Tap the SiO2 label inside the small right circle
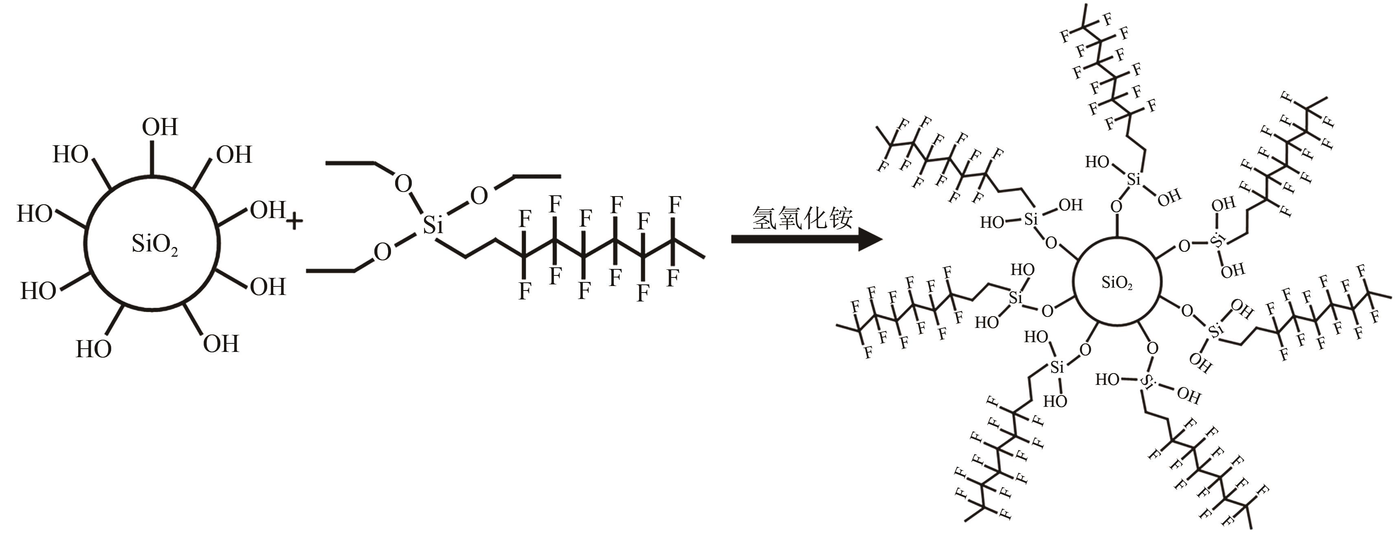coord(1117,282)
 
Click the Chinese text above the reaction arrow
coord(802,218)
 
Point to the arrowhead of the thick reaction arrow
coord(869,239)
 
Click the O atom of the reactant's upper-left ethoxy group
coord(403,184)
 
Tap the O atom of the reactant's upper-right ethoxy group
coord(479,196)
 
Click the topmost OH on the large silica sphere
coord(160,128)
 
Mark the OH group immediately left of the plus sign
coord(267,210)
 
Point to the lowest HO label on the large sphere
coord(94,349)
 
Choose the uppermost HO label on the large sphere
coord(70,155)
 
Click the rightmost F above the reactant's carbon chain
coord(674,205)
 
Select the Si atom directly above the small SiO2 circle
coord(1134,179)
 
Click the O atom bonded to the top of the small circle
coord(1117,207)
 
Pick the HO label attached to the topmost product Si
coord(1097,162)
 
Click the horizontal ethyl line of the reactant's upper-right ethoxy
coord(536,176)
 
